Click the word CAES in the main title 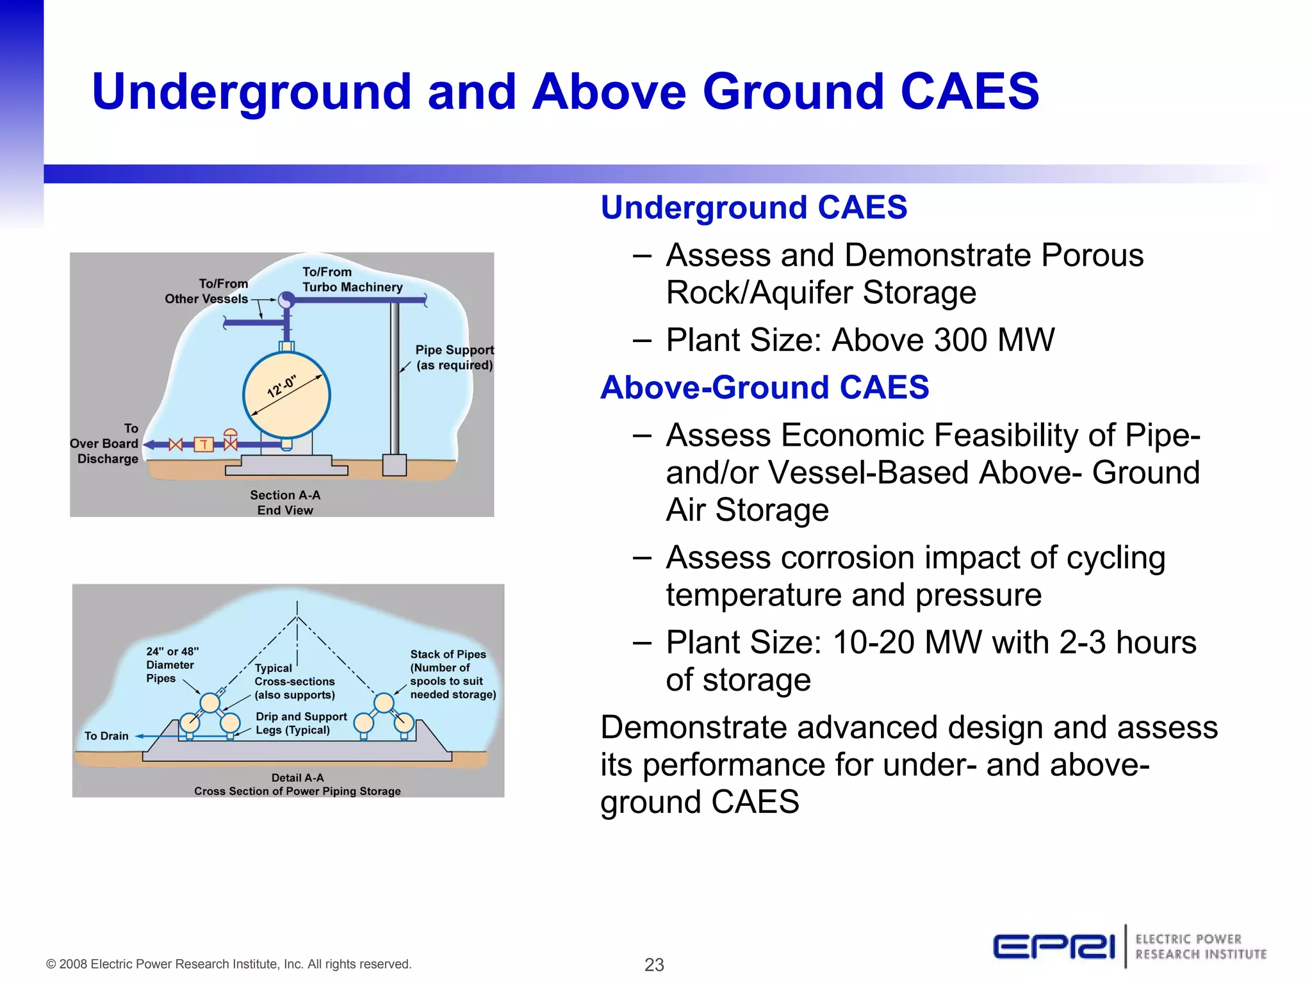pyautogui.click(x=969, y=92)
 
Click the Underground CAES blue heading pyautogui.click(x=753, y=208)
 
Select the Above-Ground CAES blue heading pyautogui.click(x=764, y=388)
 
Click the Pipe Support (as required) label pyautogui.click(x=454, y=357)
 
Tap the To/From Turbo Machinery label pyautogui.click(x=352, y=280)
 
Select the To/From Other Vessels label pyautogui.click(x=207, y=291)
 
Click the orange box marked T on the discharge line pyautogui.click(x=204, y=444)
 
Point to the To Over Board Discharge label pyautogui.click(x=106, y=443)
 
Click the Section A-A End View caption pyautogui.click(x=285, y=502)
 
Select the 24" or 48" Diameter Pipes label pyautogui.click(x=171, y=664)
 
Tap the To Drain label pyautogui.click(x=106, y=736)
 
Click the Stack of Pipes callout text pyautogui.click(x=452, y=674)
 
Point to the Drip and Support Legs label pyautogui.click(x=300, y=723)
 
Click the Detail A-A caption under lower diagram pyautogui.click(x=297, y=784)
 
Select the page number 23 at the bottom pyautogui.click(x=654, y=964)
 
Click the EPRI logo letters pyautogui.click(x=1054, y=947)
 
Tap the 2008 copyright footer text pyautogui.click(x=229, y=964)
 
